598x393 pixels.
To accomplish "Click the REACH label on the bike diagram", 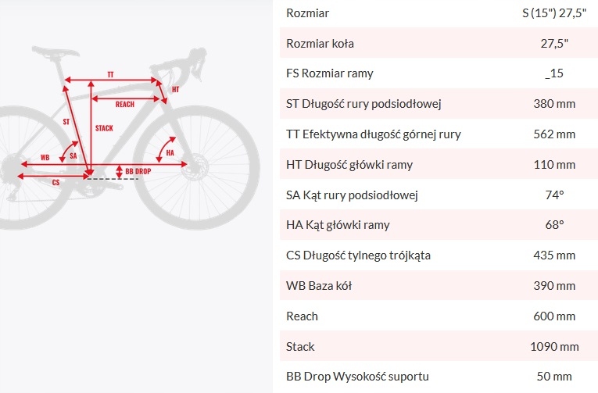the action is tap(124, 104).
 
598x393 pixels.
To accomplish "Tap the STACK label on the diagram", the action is tap(103, 127).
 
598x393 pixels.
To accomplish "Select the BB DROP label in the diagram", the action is tap(138, 170).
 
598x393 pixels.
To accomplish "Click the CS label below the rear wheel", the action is tap(56, 182).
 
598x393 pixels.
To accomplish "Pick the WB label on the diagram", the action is tap(45, 157).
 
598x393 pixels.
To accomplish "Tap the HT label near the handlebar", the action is tap(175, 89).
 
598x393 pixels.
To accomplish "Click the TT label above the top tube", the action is tap(111, 74).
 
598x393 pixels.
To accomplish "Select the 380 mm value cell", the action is tap(554, 104).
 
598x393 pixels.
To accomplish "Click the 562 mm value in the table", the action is tap(554, 134).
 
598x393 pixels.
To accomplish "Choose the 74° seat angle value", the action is tap(554, 195).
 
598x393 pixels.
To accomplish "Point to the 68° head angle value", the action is tap(554, 225).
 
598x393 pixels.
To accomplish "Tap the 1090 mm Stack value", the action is tap(554, 346).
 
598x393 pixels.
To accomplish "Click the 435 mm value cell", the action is tap(554, 255).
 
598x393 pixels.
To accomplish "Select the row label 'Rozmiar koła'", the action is tap(320, 44).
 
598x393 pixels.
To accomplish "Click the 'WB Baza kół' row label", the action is tap(319, 286).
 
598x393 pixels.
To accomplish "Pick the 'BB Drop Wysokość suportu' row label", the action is tap(358, 377).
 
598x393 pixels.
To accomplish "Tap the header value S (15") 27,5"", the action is tap(554, 13).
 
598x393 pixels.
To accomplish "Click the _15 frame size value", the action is tap(554, 73).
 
